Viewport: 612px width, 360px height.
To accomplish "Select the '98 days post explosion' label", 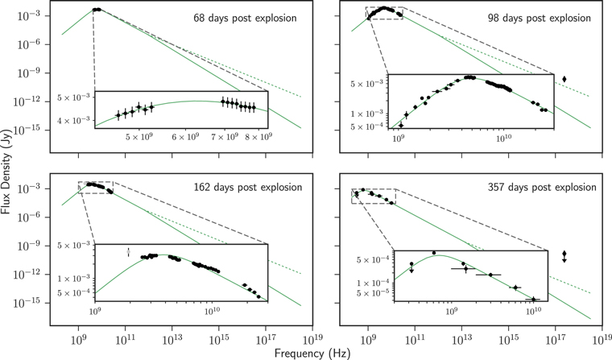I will (545, 18).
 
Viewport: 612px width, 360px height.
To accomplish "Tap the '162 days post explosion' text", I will (246, 188).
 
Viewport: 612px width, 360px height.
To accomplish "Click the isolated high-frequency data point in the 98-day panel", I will (564, 79).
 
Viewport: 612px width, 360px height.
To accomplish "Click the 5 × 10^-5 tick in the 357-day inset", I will (378, 292).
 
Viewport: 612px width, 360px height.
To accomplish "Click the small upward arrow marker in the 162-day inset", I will (127, 253).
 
